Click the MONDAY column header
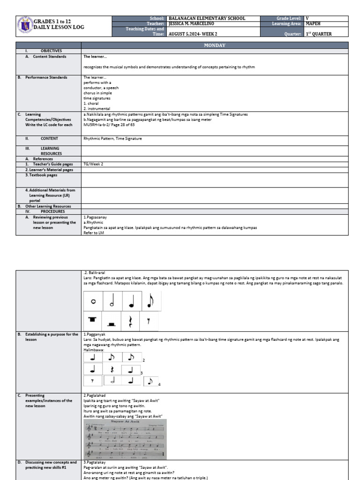215,45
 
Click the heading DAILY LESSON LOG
60,28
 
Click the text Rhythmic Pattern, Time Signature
112,138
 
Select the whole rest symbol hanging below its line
92,320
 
